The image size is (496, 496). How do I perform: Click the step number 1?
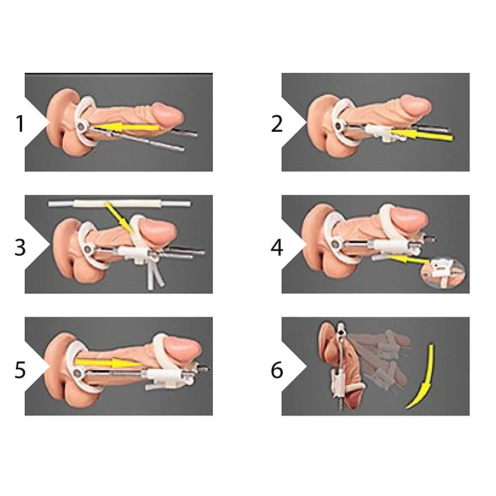[20, 124]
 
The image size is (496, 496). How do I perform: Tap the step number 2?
[277, 124]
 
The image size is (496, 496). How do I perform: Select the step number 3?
[20, 247]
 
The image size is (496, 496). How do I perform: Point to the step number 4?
[277, 247]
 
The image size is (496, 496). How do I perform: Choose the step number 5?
[20, 370]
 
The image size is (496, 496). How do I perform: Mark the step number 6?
[277, 370]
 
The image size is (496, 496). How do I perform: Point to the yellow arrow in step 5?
[105, 362]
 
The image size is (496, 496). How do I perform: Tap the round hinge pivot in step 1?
[82, 127]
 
